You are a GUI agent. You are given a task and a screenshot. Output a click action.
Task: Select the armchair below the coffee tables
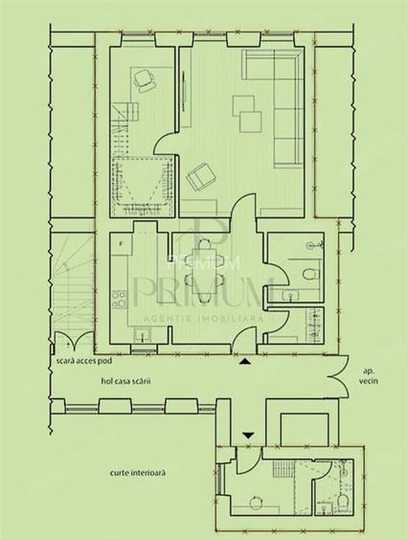pos(201,178)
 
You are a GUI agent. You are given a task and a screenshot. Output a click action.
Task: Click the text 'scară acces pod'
pos(82,365)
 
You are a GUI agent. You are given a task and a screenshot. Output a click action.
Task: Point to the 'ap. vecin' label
pos(368,375)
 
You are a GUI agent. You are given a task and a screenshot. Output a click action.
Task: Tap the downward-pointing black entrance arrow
pos(248,435)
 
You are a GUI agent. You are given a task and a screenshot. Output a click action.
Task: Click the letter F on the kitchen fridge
pos(120,245)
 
